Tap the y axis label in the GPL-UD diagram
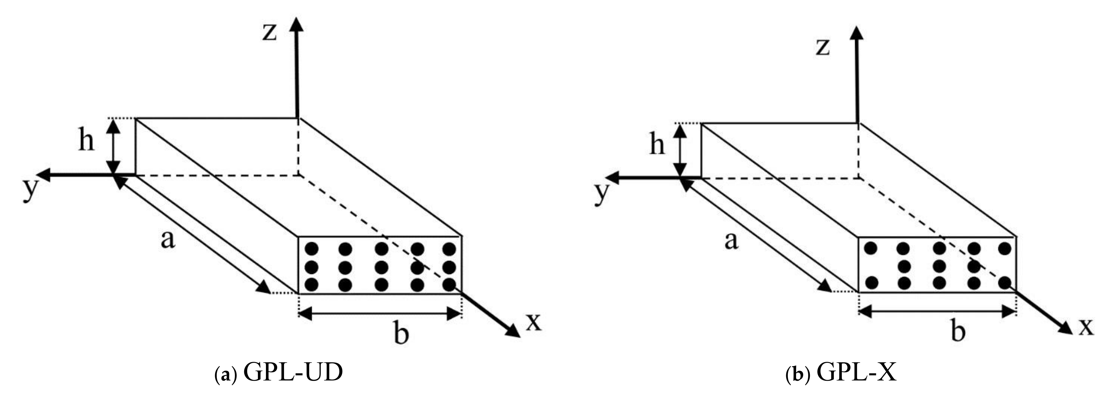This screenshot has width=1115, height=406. point(29,190)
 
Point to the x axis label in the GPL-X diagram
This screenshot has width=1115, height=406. point(1086,327)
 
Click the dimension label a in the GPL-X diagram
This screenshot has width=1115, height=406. point(731,241)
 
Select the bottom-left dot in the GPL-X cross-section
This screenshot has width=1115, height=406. point(871,283)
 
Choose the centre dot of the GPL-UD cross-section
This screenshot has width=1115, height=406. point(381,267)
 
